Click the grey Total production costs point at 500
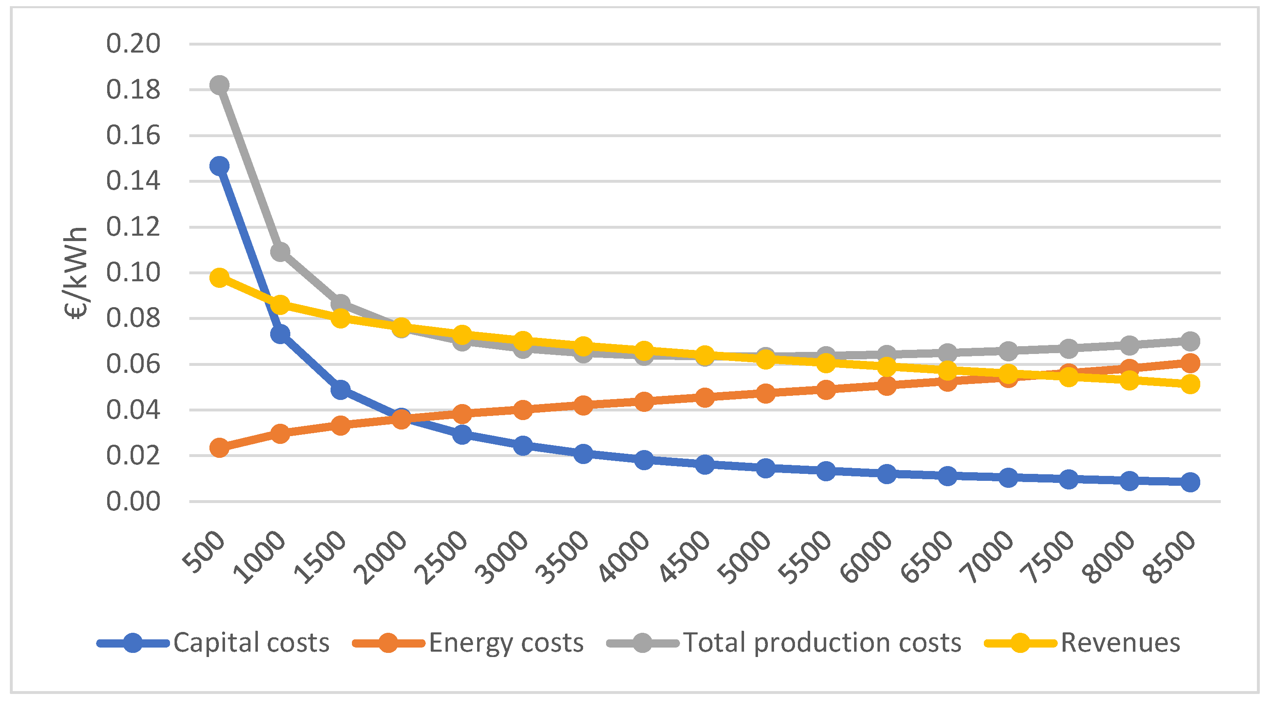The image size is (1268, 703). [219, 85]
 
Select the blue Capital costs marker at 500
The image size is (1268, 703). [219, 166]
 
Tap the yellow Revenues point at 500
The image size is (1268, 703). [219, 278]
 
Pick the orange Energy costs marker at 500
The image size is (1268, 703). [219, 448]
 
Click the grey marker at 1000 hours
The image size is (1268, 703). [280, 252]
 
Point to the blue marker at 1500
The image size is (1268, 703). [340, 390]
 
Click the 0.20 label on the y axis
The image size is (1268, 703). [133, 44]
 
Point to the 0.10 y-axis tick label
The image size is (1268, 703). [133, 272]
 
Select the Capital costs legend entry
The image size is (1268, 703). [251, 643]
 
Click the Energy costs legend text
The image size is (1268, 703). [506, 643]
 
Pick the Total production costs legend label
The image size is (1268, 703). [822, 643]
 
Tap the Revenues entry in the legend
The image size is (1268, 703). [1120, 643]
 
